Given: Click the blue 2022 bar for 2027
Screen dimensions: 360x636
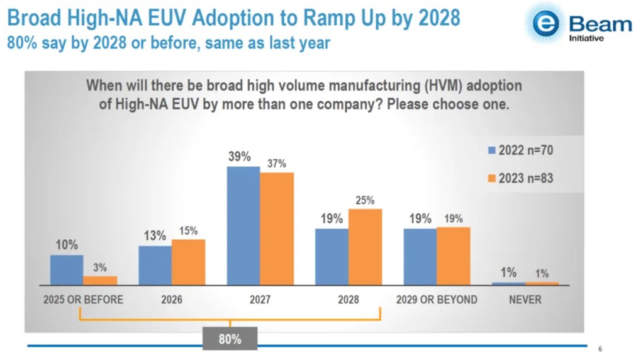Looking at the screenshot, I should click(x=243, y=226).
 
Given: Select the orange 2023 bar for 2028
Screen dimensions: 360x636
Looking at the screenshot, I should click(x=365, y=247).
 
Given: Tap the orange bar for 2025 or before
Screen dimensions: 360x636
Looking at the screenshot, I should click(x=100, y=281).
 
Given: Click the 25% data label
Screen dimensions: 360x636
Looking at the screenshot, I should click(x=364, y=201).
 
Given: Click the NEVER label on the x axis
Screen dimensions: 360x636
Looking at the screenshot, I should click(x=524, y=300).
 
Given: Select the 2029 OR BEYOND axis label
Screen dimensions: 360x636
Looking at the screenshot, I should click(x=437, y=300).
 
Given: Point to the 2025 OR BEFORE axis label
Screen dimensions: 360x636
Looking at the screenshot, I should click(x=83, y=300).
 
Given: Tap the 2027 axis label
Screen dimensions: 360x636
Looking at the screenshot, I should click(x=259, y=300).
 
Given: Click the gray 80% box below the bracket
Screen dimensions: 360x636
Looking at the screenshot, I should click(x=230, y=339).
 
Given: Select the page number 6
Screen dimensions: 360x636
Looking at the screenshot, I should click(x=600, y=350).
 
